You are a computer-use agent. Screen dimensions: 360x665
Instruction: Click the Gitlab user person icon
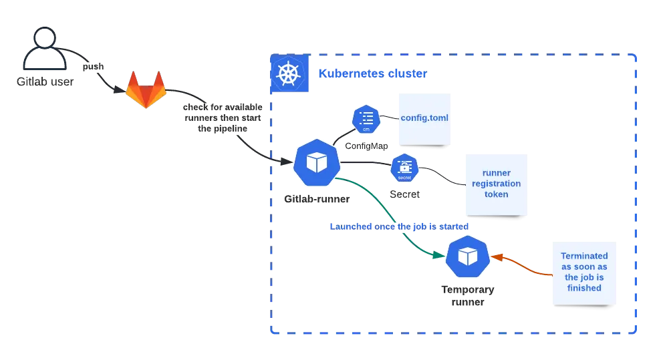pos(44,51)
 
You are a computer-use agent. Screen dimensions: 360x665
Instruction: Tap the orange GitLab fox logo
pos(146,89)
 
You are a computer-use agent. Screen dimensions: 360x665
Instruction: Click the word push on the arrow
pos(93,67)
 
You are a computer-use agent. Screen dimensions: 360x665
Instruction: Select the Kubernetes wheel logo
pos(288,73)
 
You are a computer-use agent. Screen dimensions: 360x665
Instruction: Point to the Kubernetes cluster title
pos(372,73)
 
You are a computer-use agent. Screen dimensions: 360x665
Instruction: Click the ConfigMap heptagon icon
pos(366,120)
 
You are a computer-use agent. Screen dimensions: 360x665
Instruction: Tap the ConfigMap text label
pos(366,146)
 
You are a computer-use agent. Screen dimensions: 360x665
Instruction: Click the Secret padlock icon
pos(404,168)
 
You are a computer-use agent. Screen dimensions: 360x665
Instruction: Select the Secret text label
pos(405,194)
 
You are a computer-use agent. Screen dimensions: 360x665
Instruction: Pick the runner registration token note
pos(496,184)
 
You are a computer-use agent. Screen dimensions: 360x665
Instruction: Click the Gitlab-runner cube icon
pos(315,162)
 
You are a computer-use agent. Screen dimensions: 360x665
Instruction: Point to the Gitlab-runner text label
pos(317,199)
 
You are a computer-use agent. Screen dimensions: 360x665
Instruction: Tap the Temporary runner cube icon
pos(468,257)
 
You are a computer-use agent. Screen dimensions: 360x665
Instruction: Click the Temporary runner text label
pos(468,296)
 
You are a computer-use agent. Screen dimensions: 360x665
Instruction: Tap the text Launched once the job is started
pos(399,226)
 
